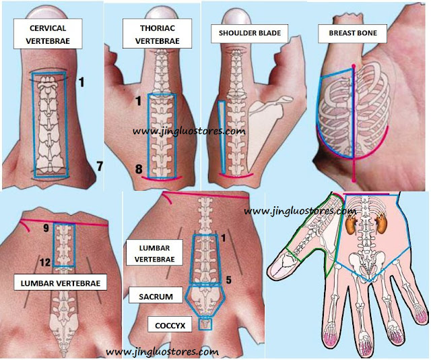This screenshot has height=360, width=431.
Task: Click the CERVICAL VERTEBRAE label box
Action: click(x=48, y=34)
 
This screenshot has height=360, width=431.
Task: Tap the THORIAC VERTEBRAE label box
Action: click(x=157, y=34)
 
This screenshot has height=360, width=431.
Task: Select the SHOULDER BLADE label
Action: click(x=250, y=33)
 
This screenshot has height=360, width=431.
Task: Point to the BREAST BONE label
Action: click(x=353, y=33)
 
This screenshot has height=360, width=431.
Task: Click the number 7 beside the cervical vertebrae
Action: click(x=100, y=167)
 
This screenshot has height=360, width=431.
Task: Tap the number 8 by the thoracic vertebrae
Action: click(x=139, y=169)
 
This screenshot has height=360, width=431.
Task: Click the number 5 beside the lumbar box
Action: click(x=228, y=280)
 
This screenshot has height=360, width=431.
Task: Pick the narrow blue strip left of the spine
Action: click(x=222, y=137)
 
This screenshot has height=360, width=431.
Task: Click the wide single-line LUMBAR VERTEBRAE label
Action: click(x=61, y=282)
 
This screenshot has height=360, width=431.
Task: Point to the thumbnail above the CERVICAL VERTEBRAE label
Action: click(x=48, y=12)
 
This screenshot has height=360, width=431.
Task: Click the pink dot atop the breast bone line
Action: click(x=354, y=66)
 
